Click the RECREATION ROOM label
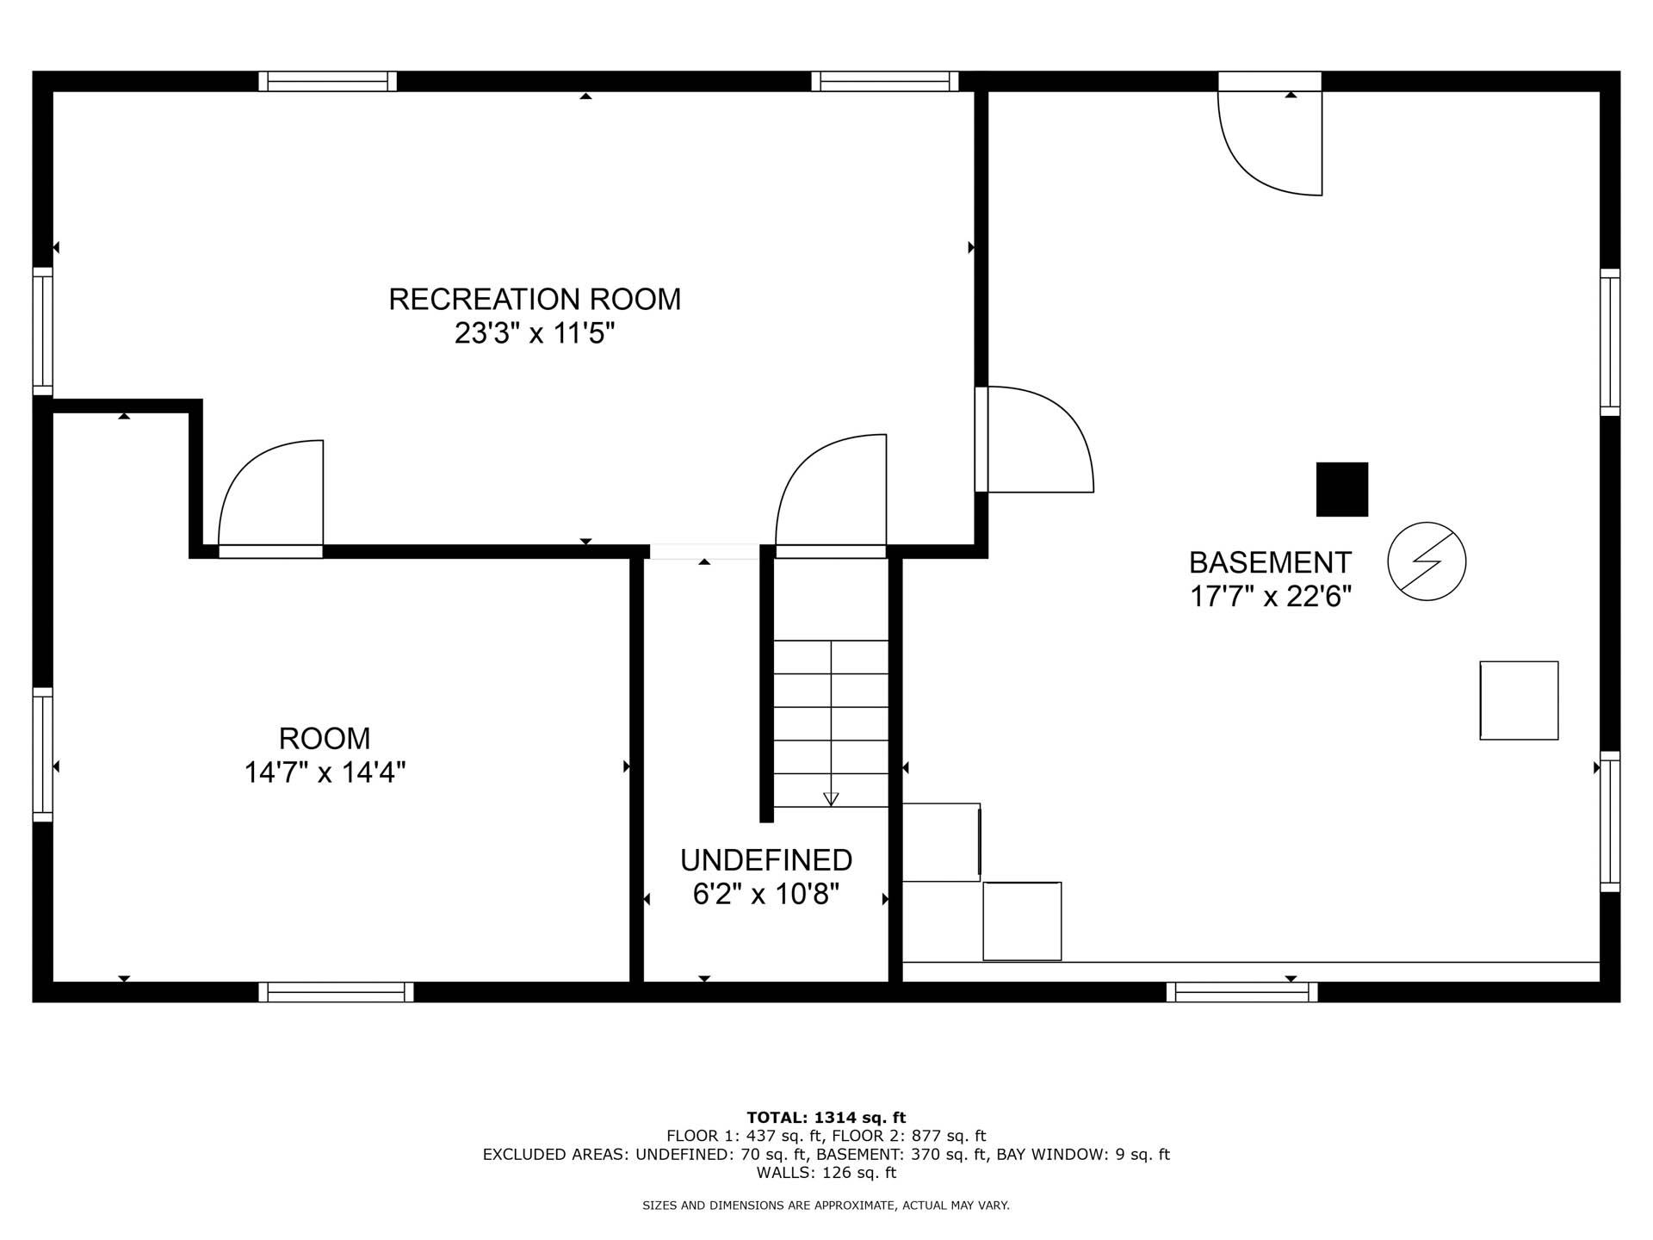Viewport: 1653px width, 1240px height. (x=535, y=300)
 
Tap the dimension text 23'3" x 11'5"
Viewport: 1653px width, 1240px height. (x=535, y=333)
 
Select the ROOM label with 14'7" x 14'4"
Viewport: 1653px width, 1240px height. (x=325, y=739)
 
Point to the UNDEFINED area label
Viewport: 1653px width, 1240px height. (x=765, y=860)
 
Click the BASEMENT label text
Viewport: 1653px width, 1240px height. (x=1270, y=562)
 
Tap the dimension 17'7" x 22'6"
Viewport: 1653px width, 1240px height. (x=1270, y=597)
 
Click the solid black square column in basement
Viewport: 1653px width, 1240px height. (x=1341, y=489)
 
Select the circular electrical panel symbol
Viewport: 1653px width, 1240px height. (x=1427, y=561)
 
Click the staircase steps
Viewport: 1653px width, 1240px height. (x=831, y=723)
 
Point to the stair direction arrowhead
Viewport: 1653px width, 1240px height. (x=831, y=798)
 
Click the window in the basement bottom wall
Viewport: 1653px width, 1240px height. (x=1241, y=992)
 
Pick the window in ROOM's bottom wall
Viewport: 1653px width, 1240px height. (x=336, y=992)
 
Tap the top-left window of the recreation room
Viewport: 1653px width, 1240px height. (x=327, y=81)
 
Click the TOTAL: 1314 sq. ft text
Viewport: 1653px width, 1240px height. (x=826, y=1118)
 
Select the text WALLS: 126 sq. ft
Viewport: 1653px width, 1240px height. (x=826, y=1173)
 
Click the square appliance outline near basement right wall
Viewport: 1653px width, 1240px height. (x=1519, y=700)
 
